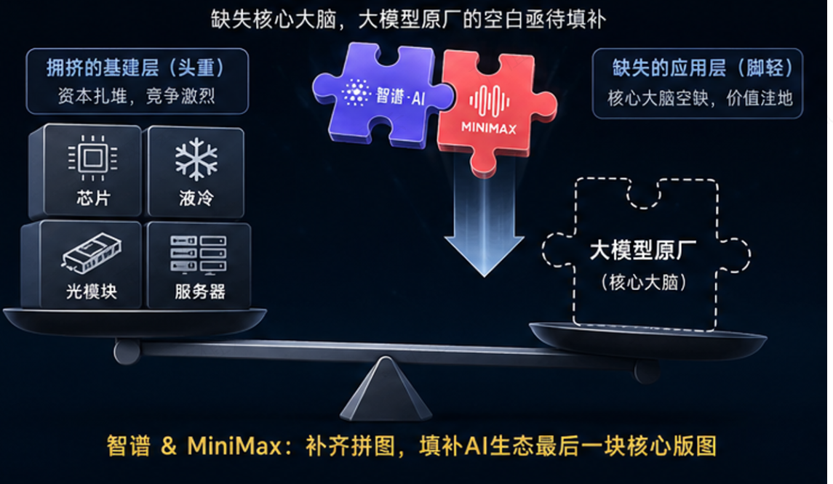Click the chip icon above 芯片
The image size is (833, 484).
(93, 158)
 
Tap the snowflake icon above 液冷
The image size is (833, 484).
(196, 158)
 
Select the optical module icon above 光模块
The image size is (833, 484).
(92, 253)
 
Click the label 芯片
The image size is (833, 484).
(93, 198)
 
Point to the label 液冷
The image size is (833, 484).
(196, 198)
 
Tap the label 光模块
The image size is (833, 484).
(92, 291)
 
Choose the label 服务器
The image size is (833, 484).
(200, 291)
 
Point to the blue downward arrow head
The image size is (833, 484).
(484, 256)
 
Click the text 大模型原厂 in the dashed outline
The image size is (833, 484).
(643, 251)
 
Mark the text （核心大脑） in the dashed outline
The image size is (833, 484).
(643, 282)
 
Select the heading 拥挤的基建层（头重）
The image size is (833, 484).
(136, 68)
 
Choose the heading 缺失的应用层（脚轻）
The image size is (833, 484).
(703, 68)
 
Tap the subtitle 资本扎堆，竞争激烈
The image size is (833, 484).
(137, 96)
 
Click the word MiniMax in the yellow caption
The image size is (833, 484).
(234, 445)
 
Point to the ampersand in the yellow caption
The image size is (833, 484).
(168, 445)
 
